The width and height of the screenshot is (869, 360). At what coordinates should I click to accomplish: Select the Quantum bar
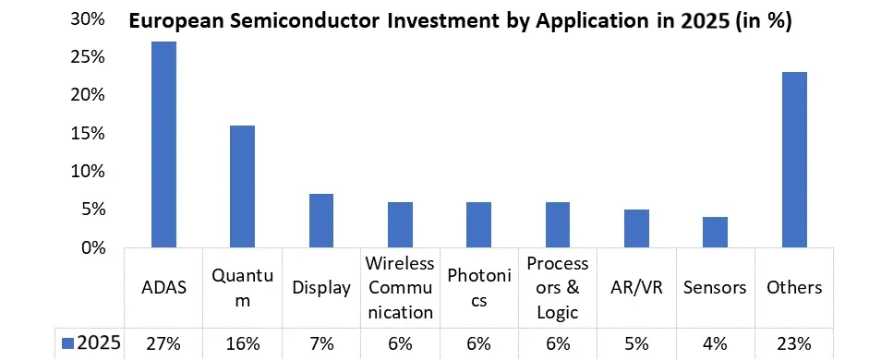point(243,186)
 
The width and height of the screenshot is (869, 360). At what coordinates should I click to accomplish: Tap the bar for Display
point(321,221)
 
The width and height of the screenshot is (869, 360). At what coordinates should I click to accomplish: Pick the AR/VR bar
point(637,228)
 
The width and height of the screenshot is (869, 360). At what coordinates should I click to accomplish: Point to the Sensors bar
point(716,232)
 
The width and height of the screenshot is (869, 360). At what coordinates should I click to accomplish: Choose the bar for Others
point(794,160)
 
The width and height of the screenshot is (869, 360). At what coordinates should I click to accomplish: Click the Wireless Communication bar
point(400,224)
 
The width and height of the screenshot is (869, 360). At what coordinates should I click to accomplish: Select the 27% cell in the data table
point(164,343)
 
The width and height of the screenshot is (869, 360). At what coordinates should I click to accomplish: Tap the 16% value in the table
point(243,343)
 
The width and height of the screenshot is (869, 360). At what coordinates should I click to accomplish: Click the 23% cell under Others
point(794,343)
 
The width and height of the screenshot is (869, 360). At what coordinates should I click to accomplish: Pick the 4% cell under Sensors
point(716,343)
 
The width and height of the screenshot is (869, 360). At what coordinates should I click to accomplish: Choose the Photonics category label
point(479,287)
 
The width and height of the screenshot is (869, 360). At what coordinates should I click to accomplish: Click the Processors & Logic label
point(558,287)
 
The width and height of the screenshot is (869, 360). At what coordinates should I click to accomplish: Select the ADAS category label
point(164,287)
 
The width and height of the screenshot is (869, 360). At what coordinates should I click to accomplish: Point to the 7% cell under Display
point(321,343)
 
